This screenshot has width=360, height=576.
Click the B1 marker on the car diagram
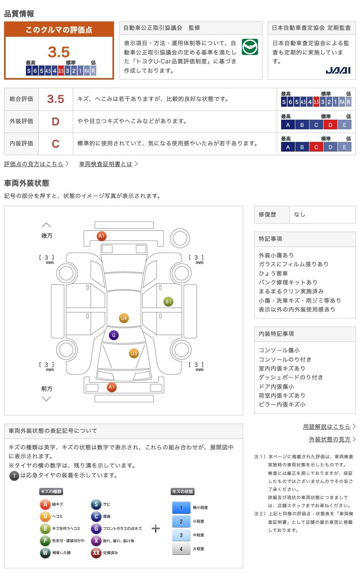click(x=168, y=302)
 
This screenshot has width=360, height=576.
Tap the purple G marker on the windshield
click(x=114, y=335)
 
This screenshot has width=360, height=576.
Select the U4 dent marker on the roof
click(x=124, y=318)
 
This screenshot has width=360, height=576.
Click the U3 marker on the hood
click(x=134, y=353)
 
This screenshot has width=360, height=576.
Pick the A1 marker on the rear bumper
click(x=102, y=236)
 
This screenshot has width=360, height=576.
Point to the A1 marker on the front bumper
click(x=112, y=387)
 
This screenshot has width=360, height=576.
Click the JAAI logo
click(x=338, y=70)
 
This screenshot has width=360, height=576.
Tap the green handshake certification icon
click(x=250, y=47)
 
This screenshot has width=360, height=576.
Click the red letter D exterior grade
click(x=55, y=121)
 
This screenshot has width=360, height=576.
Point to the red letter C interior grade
click(x=55, y=143)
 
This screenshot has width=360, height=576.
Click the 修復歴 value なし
click(x=300, y=215)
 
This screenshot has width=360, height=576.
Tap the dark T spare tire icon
click(x=14, y=475)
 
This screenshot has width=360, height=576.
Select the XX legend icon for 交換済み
click(x=96, y=553)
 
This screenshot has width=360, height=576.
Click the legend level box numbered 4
click(x=181, y=549)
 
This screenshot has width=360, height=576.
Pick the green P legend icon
click(x=45, y=540)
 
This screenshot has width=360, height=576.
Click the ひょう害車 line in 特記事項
click(x=273, y=273)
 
